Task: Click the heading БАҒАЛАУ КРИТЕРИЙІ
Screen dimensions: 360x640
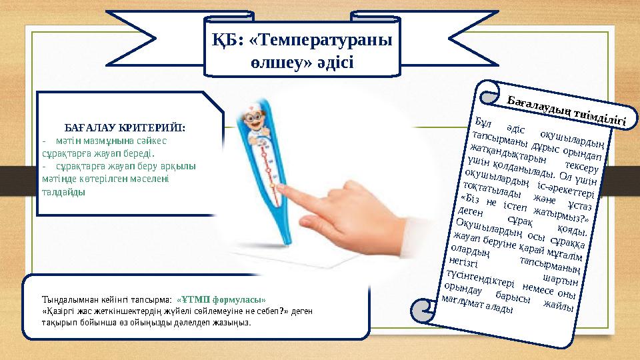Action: click(125, 127)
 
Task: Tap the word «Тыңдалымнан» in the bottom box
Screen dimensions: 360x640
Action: click(67, 299)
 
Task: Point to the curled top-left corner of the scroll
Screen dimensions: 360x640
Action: click(484, 93)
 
